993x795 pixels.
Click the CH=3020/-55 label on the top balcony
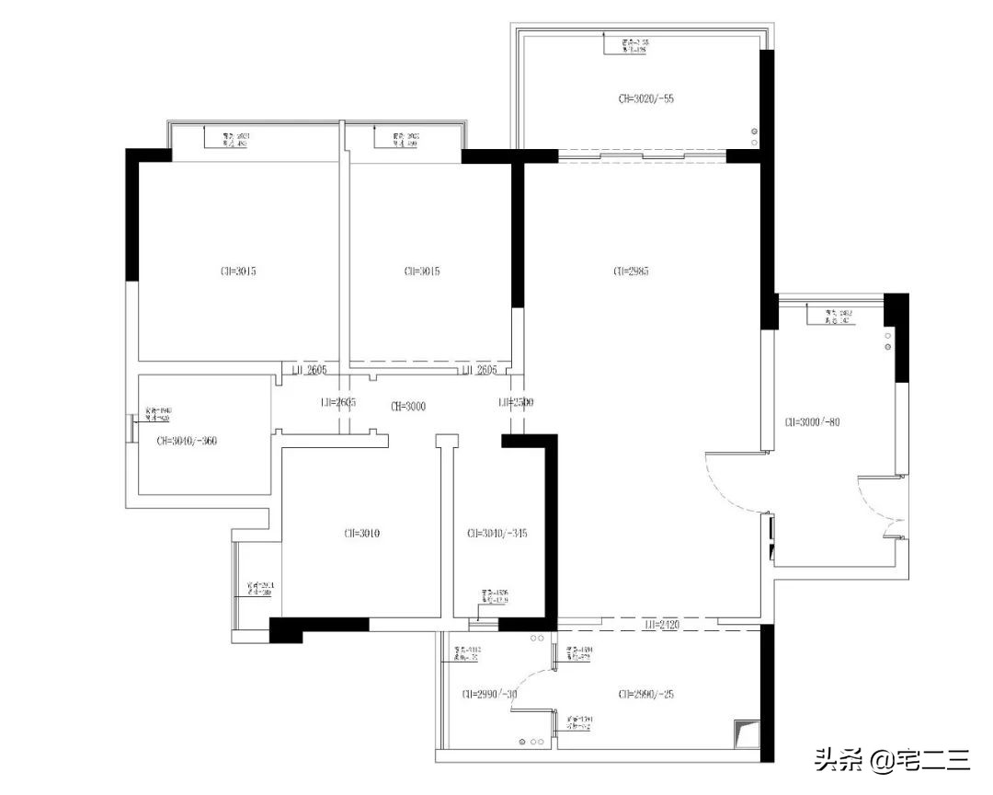(x=646, y=98)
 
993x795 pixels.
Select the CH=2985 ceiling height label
(x=632, y=271)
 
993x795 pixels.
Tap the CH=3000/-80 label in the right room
(x=813, y=422)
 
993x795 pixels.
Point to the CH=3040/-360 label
(x=188, y=441)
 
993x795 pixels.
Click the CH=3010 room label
(x=362, y=533)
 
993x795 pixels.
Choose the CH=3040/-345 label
(x=497, y=533)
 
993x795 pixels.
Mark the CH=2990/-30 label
(x=489, y=695)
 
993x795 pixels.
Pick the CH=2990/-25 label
(x=646, y=695)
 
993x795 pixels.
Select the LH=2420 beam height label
(x=662, y=625)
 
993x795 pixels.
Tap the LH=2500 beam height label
(x=516, y=403)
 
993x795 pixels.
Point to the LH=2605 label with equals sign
(x=337, y=403)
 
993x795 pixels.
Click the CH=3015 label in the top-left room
(x=238, y=271)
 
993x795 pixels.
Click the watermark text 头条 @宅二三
(x=891, y=760)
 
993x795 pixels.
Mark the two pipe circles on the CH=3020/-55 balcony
(x=755, y=136)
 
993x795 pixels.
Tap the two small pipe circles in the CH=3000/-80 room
(x=888, y=341)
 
